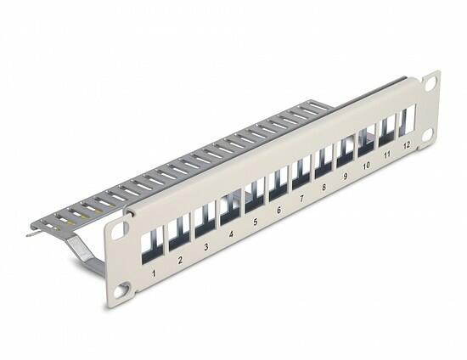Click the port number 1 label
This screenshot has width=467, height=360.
(x=154, y=273)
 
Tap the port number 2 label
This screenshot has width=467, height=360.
(x=180, y=260)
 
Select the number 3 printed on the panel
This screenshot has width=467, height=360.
(x=205, y=247)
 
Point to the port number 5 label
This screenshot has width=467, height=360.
(x=256, y=222)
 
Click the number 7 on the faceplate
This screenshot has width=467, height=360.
(x=301, y=199)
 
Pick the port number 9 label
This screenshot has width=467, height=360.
(x=346, y=177)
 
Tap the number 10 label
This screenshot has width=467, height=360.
(x=366, y=166)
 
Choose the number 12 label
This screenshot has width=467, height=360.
(x=406, y=145)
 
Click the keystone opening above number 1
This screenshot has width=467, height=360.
(x=152, y=245)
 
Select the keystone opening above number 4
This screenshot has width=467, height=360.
(x=230, y=207)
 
